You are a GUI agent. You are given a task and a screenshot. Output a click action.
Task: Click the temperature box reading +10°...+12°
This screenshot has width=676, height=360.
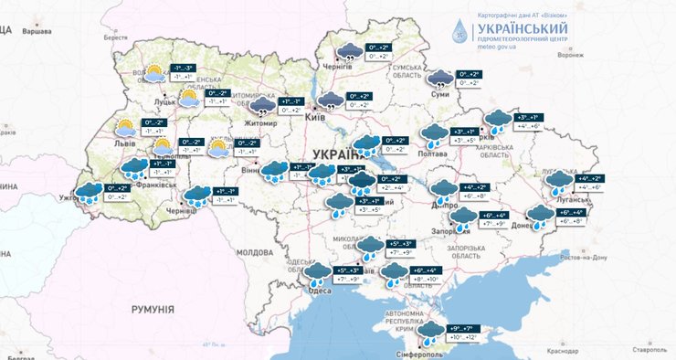(460, 338)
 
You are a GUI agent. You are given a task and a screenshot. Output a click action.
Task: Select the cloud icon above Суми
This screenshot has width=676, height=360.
(440, 79)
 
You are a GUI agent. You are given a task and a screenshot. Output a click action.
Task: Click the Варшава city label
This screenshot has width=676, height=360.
(37, 30)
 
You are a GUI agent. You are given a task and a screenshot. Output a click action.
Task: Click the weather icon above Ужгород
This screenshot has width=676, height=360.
(89, 192)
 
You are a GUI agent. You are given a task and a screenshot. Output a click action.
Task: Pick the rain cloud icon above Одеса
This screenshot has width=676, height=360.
(317, 272)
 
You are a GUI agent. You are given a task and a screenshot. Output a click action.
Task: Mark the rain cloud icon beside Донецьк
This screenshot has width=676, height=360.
(541, 217)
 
